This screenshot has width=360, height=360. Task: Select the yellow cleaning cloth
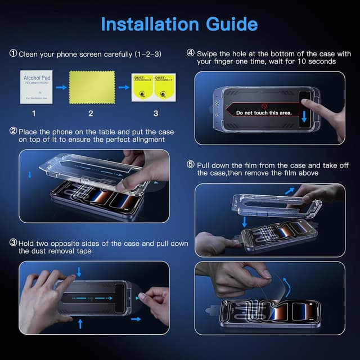pos(92,86)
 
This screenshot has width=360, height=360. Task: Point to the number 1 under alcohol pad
pos(33,114)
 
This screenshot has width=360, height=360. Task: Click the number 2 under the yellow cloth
pos(91,114)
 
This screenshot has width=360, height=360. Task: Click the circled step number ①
pos(13,54)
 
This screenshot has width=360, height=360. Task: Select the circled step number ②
pos(13,131)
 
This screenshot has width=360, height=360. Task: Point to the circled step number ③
pos(13,243)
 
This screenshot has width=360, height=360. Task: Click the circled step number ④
pos(191,53)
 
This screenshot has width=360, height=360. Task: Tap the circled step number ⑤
pos(191,165)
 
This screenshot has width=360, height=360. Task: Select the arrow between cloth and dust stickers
pos(122,87)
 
